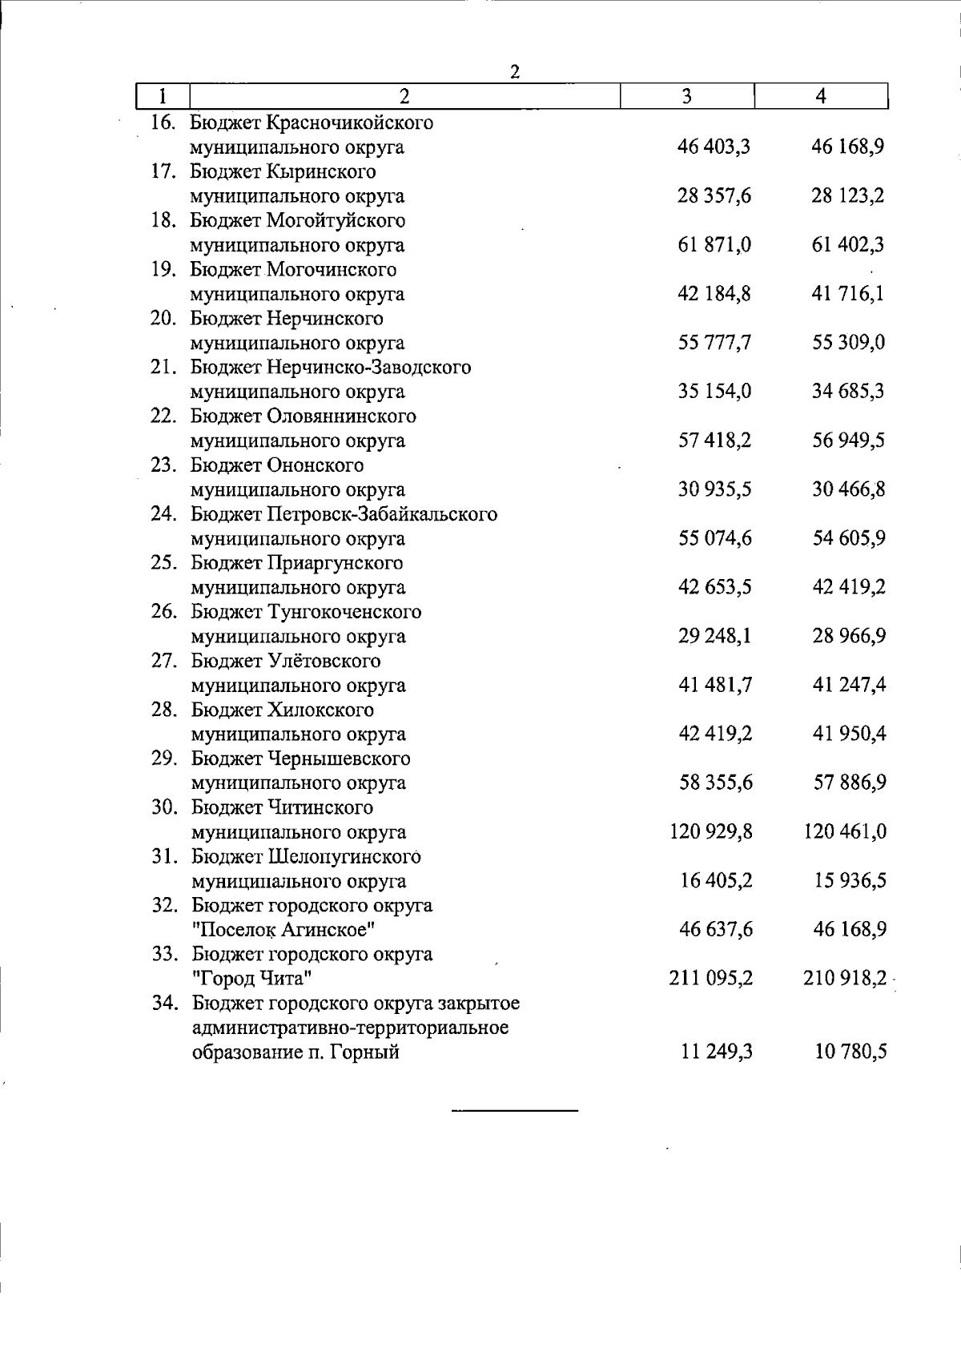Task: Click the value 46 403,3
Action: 714,147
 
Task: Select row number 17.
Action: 163,172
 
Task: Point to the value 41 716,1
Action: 848,294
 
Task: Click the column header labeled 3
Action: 687,97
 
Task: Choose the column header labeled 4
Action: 821,97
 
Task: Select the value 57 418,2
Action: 714,441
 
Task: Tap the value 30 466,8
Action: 848,489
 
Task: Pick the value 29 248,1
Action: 714,636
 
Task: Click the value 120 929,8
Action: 710,831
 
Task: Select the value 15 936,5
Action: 848,880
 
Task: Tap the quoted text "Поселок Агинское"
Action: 283,930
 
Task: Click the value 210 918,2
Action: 845,978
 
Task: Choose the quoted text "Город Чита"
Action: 251,979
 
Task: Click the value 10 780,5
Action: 848,1052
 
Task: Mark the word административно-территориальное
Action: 350,1028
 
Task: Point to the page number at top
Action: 516,72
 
